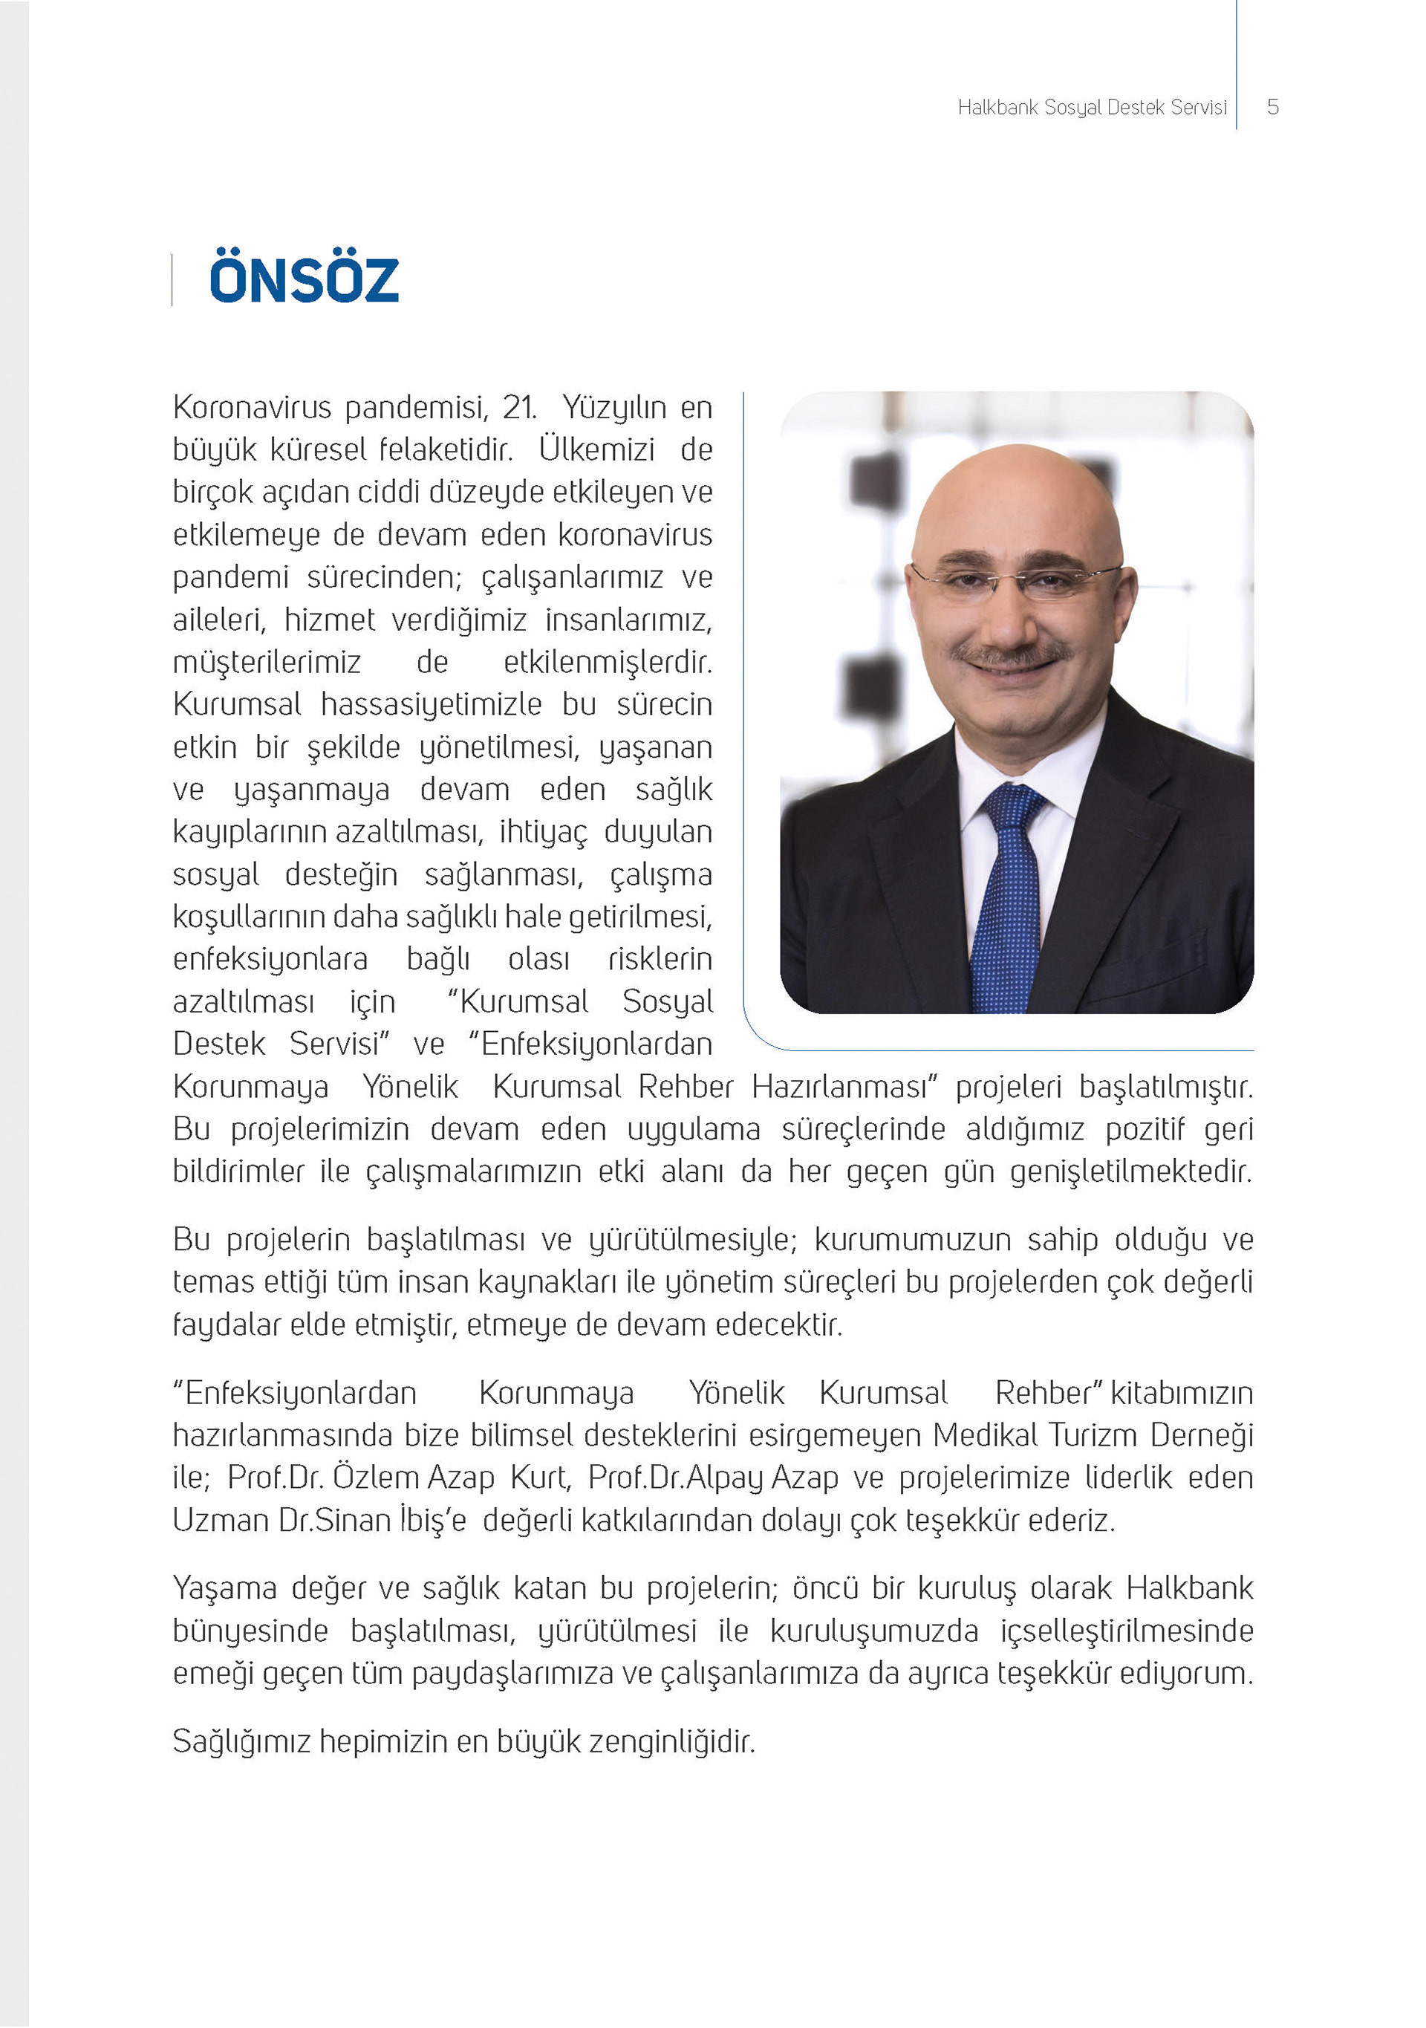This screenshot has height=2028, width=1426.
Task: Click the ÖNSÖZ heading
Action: click(x=304, y=280)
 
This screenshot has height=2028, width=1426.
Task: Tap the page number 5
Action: click(x=1272, y=108)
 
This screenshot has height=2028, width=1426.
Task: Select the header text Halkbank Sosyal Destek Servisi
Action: click(x=1093, y=108)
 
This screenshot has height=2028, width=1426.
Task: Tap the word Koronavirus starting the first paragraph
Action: click(x=252, y=408)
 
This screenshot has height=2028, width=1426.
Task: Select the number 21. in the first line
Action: click(x=519, y=408)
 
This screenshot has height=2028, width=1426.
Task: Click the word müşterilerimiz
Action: click(x=267, y=663)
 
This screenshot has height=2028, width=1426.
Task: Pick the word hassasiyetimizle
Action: click(x=431, y=705)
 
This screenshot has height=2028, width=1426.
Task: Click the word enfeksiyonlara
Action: click(x=270, y=959)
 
